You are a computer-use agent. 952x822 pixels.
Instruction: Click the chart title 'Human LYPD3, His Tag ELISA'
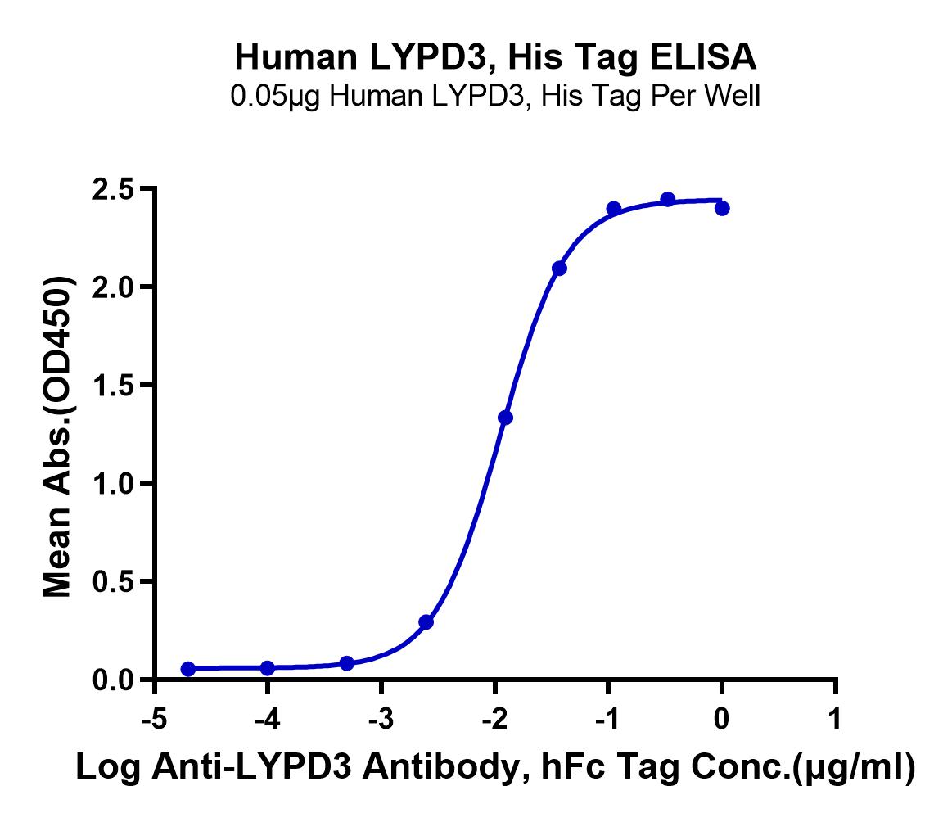pyautogui.click(x=495, y=57)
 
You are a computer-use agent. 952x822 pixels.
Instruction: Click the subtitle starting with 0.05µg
pyautogui.click(x=494, y=96)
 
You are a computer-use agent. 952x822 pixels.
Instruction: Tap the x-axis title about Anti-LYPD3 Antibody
pyautogui.click(x=494, y=767)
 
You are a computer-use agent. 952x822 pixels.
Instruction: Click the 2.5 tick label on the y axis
pyautogui.click(x=113, y=189)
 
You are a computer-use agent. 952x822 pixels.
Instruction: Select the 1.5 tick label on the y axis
pyautogui.click(x=113, y=386)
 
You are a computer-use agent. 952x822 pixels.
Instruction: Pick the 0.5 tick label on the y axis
pyautogui.click(x=113, y=581)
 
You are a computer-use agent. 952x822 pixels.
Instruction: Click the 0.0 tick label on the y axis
pyautogui.click(x=113, y=680)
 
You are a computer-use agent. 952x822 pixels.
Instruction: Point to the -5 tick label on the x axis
pyautogui.click(x=154, y=719)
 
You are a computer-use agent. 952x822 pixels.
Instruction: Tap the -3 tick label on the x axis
pyautogui.click(x=381, y=719)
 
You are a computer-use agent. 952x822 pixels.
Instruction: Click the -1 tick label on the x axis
pyautogui.click(x=607, y=719)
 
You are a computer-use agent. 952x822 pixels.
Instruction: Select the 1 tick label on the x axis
pyautogui.click(x=836, y=719)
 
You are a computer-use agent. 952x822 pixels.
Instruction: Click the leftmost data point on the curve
pyautogui.click(x=188, y=668)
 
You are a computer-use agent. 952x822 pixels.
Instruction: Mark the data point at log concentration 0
pyautogui.click(x=722, y=208)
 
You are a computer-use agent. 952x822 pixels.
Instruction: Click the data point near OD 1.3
pyautogui.click(x=505, y=418)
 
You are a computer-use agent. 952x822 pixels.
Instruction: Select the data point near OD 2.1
pyautogui.click(x=559, y=269)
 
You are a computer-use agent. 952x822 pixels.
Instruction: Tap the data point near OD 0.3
pyautogui.click(x=426, y=621)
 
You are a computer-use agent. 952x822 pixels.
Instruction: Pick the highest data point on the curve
pyautogui.click(x=668, y=199)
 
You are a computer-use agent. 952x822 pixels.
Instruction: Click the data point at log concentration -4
pyautogui.click(x=267, y=668)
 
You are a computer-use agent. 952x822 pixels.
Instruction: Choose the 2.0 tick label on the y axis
pyautogui.click(x=113, y=287)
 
